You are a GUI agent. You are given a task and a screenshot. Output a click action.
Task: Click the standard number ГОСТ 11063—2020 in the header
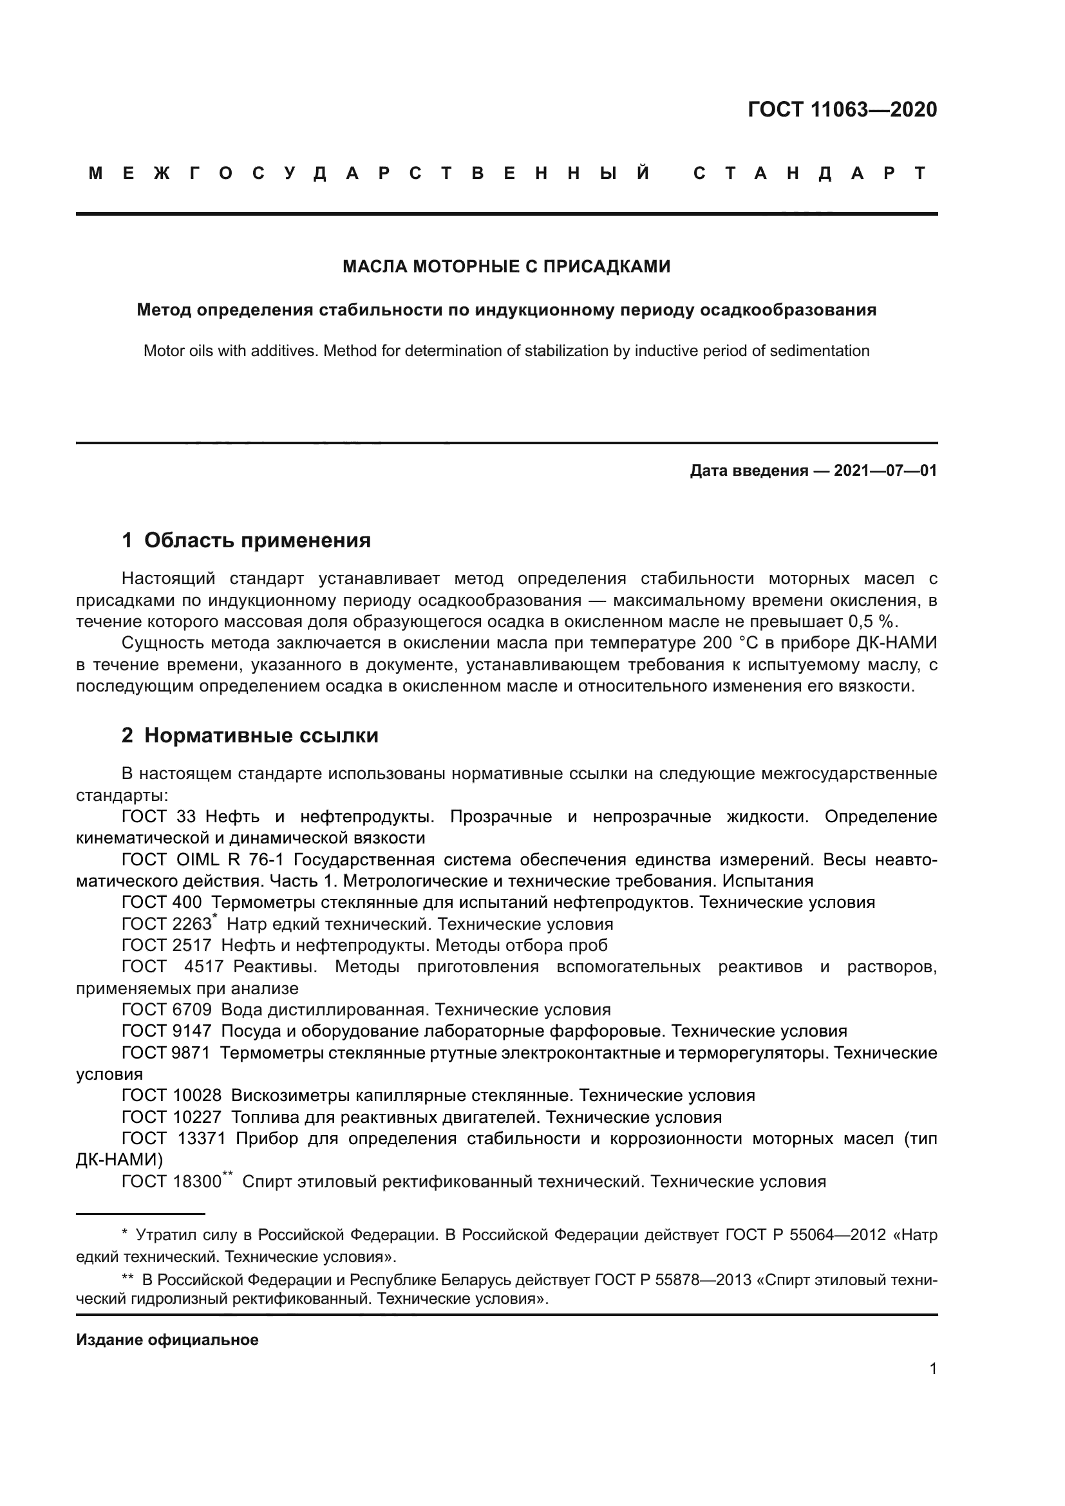click(842, 109)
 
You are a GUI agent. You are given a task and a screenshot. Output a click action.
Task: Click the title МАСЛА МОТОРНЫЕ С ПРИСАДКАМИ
click(506, 267)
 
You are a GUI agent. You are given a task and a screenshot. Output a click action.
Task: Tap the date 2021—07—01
click(885, 471)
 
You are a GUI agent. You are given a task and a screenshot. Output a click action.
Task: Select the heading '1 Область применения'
click(246, 540)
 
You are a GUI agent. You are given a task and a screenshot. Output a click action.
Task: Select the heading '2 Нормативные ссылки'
click(250, 736)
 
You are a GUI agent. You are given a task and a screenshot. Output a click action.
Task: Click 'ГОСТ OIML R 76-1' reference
click(203, 860)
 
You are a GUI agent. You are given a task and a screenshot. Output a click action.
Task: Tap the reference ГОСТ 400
click(162, 903)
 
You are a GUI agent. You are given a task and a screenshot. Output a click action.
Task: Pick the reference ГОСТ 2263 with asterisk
click(167, 924)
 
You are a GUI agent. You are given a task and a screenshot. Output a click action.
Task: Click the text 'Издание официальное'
click(167, 1340)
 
